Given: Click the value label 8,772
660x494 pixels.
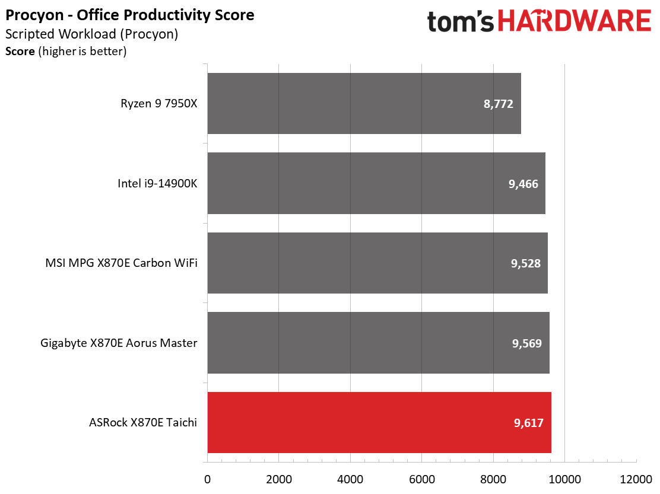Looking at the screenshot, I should pyautogui.click(x=498, y=104).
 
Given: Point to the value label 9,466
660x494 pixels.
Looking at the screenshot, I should pyautogui.click(x=523, y=184).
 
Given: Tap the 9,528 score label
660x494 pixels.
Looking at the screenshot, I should pyautogui.click(x=525, y=263).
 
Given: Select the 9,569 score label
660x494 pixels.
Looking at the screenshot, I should pyautogui.click(x=527, y=343).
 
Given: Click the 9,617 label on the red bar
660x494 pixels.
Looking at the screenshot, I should pyautogui.click(x=528, y=423).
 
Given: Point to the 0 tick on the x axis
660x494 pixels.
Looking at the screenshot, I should pyautogui.click(x=207, y=479).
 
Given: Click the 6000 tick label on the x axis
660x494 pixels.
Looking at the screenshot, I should pyautogui.click(x=421, y=479).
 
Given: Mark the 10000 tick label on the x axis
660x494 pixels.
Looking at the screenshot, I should pyautogui.click(x=564, y=479).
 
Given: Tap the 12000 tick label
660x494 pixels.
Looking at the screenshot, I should pyautogui.click(x=636, y=479).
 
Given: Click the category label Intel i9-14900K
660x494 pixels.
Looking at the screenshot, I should pyautogui.click(x=157, y=183).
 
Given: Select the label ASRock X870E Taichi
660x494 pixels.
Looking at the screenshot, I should pyautogui.click(x=143, y=423).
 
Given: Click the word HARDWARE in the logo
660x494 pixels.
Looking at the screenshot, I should pyautogui.click(x=574, y=22).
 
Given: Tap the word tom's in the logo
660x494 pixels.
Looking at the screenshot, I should pyautogui.click(x=460, y=22).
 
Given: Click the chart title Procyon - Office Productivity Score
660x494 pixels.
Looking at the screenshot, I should pyautogui.click(x=130, y=15).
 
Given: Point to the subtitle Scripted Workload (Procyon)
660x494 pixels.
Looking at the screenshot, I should pyautogui.click(x=92, y=34).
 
